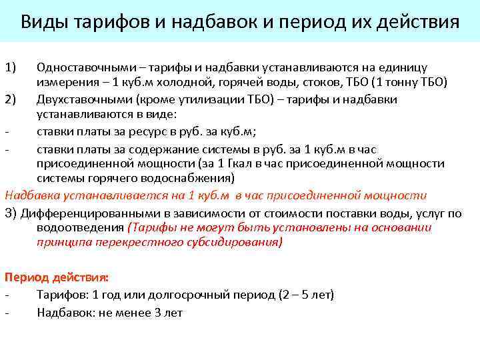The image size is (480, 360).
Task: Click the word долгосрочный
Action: [191, 295]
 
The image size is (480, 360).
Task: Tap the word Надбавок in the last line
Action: [64, 312]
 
